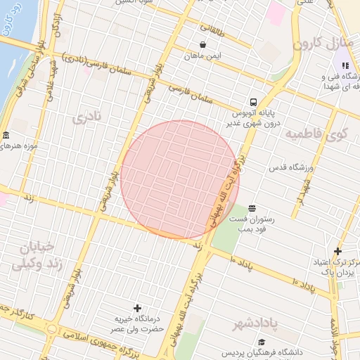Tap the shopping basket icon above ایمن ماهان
point(203,44)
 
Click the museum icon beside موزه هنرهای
point(6,135)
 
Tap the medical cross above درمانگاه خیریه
point(137,308)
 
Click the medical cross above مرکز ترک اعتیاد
point(338,251)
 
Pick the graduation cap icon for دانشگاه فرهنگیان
point(262,342)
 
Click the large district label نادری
point(88,117)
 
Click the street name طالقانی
point(214,30)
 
